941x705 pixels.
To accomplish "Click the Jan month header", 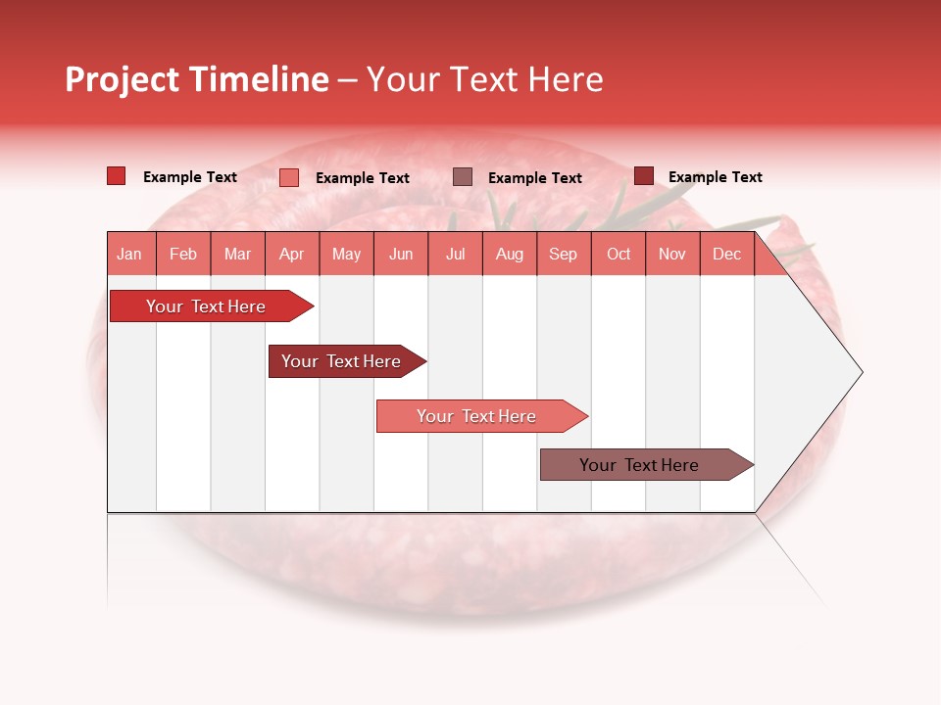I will pos(130,254).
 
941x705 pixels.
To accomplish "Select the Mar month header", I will pos(237,254).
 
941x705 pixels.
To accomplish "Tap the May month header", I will pos(346,254).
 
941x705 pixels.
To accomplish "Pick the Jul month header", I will pos(455,254).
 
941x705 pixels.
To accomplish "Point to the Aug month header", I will pos(510,254).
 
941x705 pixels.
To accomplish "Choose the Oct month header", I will pos(619,254).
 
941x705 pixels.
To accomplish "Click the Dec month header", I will pos(726,254).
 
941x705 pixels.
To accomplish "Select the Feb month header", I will pos(183,254).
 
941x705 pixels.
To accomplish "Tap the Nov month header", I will pos(672,254).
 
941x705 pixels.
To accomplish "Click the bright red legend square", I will pos(116,176).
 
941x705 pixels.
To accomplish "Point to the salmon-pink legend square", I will pos(289,177).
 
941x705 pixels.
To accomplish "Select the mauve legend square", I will pos(463,177).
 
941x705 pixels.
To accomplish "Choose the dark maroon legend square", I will pos(643,176).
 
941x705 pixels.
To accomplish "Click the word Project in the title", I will pos(123,79).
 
